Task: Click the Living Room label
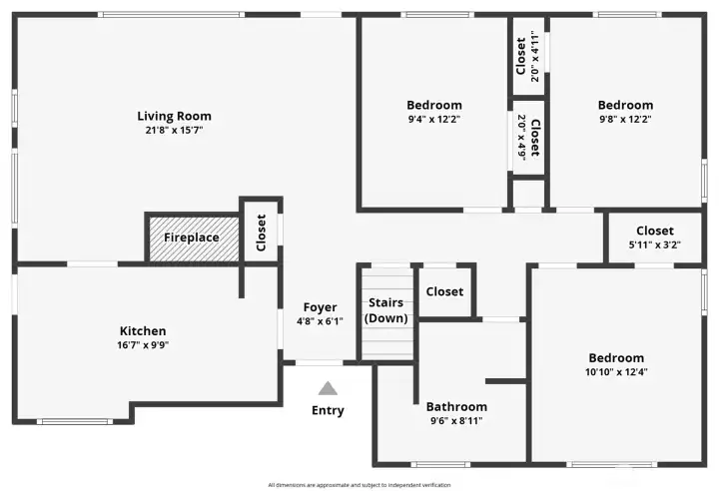tap(174, 116)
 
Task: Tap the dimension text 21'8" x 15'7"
tap(174, 130)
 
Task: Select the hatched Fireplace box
tap(192, 239)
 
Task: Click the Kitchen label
tap(143, 331)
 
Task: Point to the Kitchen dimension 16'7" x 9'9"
tap(143, 345)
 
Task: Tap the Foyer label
tap(320, 307)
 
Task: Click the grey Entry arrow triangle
tap(328, 388)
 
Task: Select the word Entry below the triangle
tap(328, 410)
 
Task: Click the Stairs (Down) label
tap(385, 310)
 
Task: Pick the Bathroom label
tap(456, 406)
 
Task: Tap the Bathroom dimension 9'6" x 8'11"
tap(456, 420)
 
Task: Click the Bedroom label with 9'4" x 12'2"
tap(433, 105)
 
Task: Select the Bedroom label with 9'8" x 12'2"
tap(625, 105)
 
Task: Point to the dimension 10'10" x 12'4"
tap(615, 372)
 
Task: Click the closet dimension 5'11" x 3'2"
tap(654, 245)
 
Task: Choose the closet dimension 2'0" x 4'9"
tap(521, 138)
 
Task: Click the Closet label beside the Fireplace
tap(261, 233)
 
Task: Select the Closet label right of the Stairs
tap(444, 291)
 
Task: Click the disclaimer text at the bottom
tap(359, 485)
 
